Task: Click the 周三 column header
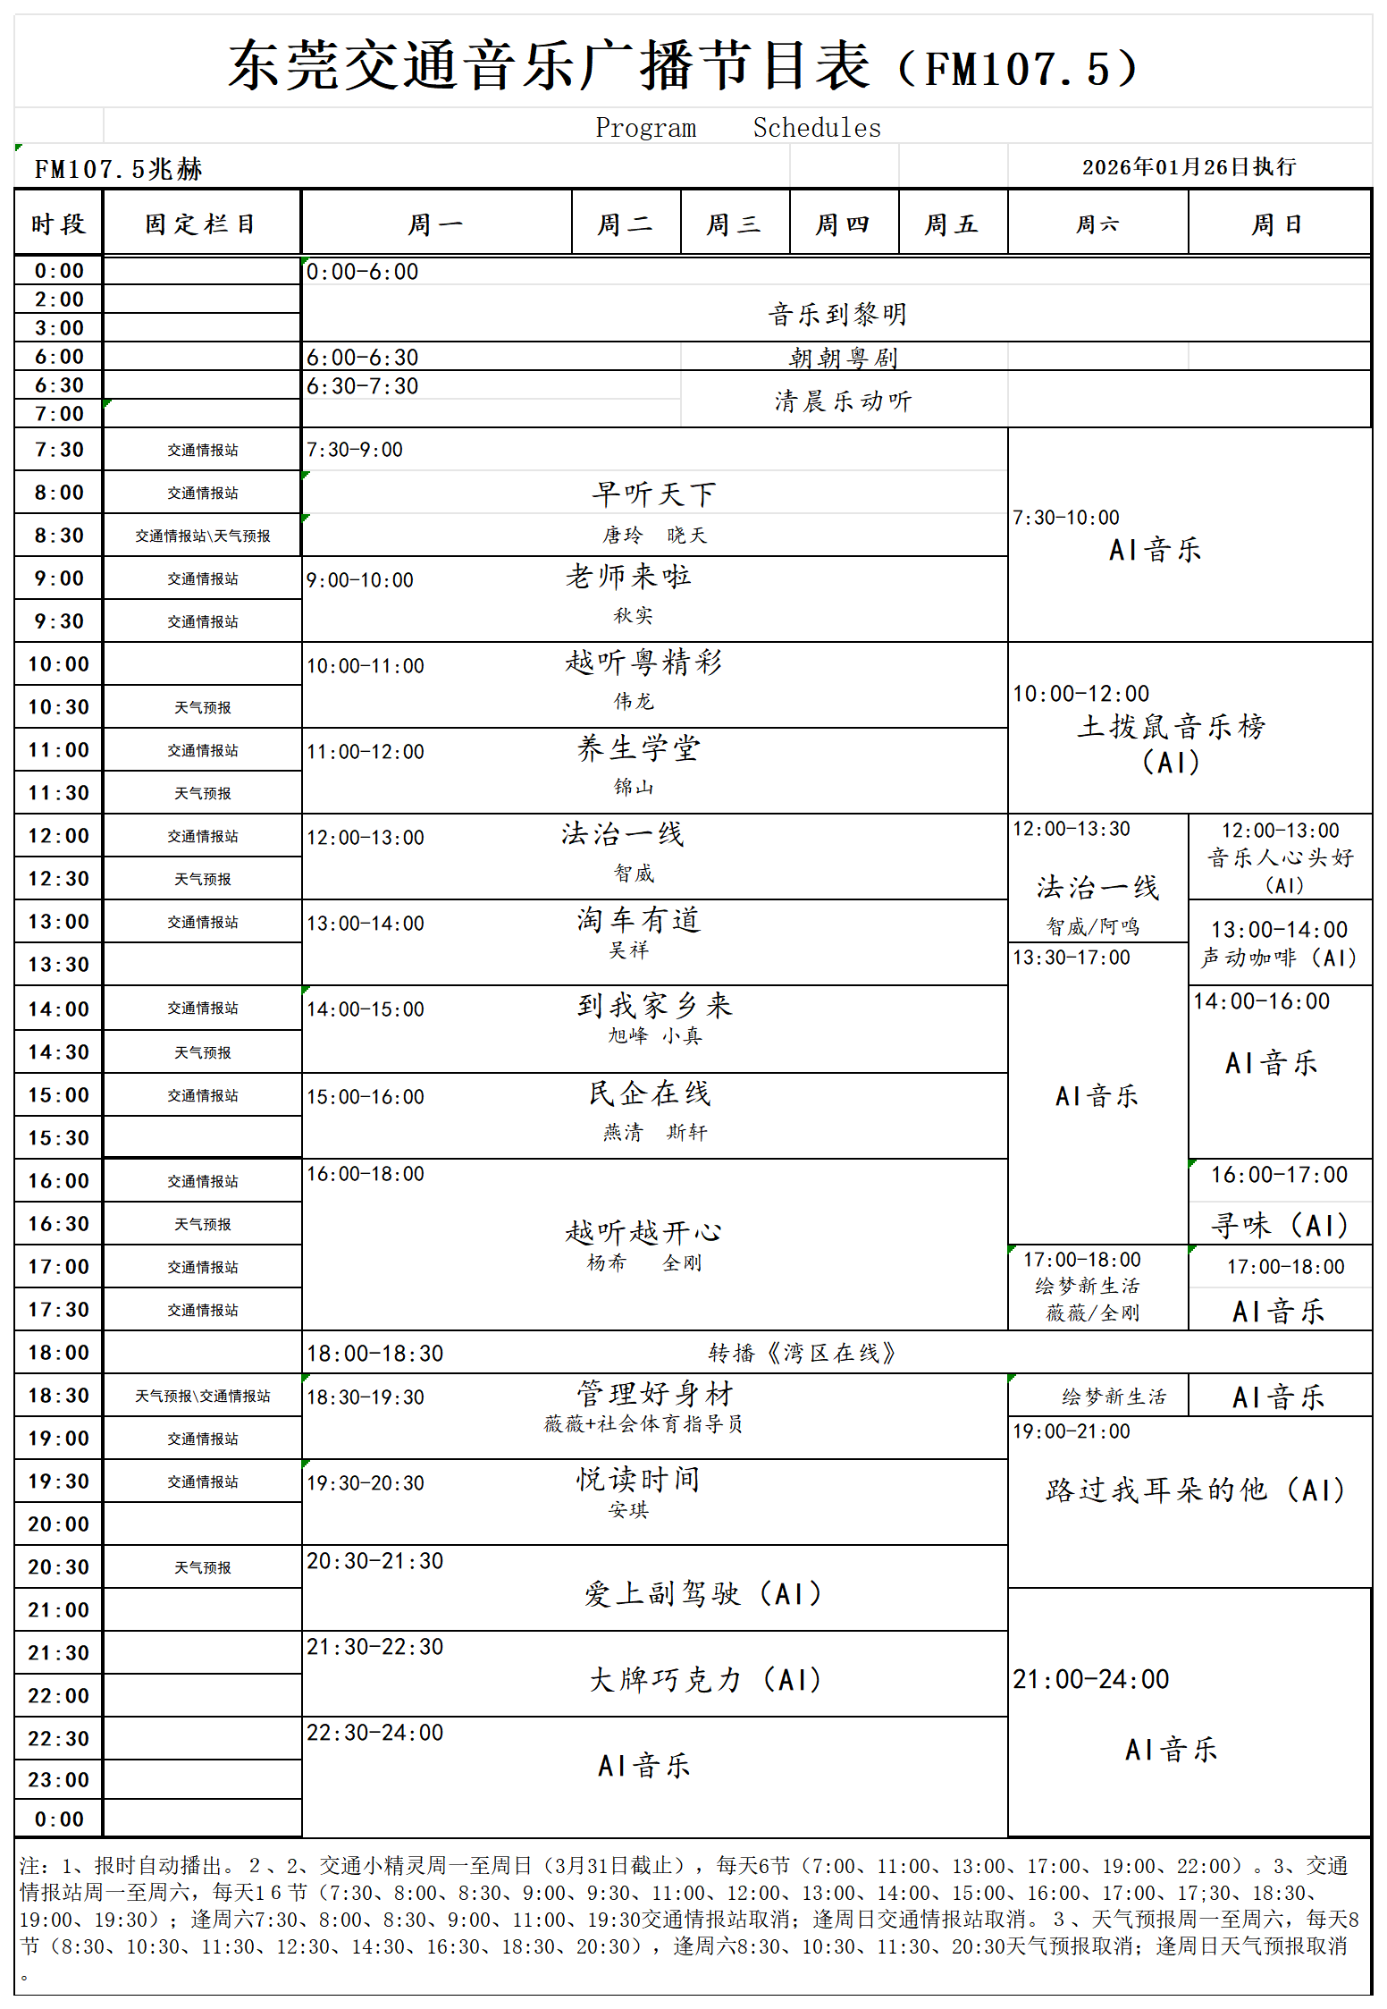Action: [735, 224]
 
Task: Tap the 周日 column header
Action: [1278, 224]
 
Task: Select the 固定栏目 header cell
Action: [202, 224]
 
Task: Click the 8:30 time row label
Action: [59, 536]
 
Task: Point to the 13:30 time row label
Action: [59, 965]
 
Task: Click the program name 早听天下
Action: [654, 494]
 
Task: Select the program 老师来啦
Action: [628, 577]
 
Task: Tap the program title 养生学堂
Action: [638, 748]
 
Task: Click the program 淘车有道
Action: [638, 920]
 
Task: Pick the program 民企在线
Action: [650, 1093]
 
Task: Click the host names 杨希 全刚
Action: [643, 1263]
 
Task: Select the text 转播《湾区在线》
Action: [802, 1353]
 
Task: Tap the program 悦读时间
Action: [638, 1480]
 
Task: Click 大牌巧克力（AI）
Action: [705, 1680]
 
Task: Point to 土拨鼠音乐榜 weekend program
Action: [1171, 727]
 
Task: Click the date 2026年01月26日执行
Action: [1189, 167]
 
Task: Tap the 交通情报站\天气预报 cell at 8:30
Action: [202, 536]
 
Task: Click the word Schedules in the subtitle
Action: [817, 128]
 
